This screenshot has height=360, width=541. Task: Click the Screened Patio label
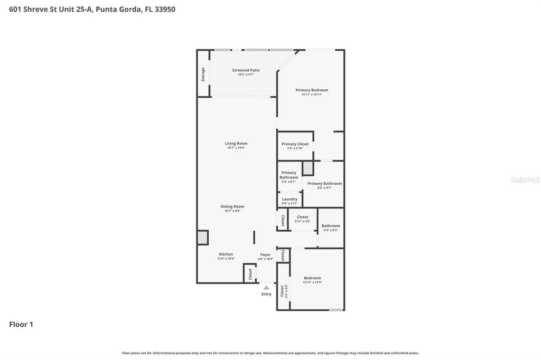pyautogui.click(x=246, y=70)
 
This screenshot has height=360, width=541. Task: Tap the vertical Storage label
pyautogui.click(x=203, y=74)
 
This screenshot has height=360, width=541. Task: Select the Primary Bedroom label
pyautogui.click(x=312, y=90)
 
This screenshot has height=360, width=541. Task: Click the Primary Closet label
pyautogui.click(x=295, y=144)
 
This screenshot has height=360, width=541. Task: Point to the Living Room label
pyautogui.click(x=236, y=144)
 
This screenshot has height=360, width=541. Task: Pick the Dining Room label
pyautogui.click(x=232, y=206)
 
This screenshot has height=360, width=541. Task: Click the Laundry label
pyautogui.click(x=290, y=199)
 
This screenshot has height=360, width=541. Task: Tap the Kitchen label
pyautogui.click(x=226, y=254)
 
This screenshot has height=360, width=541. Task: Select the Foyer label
pyautogui.click(x=265, y=254)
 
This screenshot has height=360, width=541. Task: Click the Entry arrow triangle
pyautogui.click(x=266, y=288)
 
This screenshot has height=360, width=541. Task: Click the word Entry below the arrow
pyautogui.click(x=266, y=294)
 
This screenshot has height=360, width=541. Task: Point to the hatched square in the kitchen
pyautogui.click(x=202, y=238)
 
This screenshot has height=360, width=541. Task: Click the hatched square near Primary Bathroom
pyautogui.click(x=308, y=168)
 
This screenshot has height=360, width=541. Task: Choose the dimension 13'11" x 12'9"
pyautogui.click(x=312, y=282)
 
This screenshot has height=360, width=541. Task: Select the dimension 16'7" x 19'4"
pyautogui.click(x=236, y=148)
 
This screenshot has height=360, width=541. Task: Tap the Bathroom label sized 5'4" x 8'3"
pyautogui.click(x=331, y=226)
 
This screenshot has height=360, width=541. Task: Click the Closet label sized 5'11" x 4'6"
pyautogui.click(x=302, y=217)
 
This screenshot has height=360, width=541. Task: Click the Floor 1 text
pyautogui.click(x=21, y=325)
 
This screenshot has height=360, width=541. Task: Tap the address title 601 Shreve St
pyautogui.click(x=92, y=9)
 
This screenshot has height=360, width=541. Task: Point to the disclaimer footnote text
pyautogui.click(x=270, y=353)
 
